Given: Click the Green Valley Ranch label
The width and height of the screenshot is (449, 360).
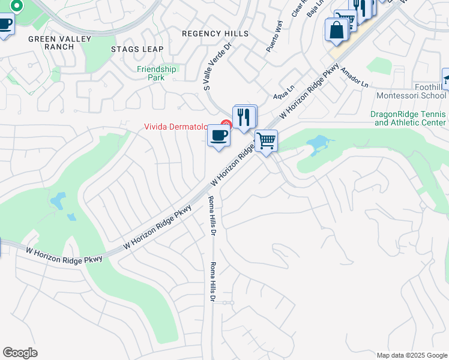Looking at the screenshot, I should [59, 43].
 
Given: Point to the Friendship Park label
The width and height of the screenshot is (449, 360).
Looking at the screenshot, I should [156, 73].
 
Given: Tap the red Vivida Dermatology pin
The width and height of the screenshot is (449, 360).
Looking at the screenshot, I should [226, 125].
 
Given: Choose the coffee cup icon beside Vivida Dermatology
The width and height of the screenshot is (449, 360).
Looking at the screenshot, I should [219, 136].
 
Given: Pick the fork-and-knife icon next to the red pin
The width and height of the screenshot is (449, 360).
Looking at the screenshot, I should [244, 116].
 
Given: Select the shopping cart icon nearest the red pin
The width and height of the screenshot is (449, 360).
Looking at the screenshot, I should [266, 141].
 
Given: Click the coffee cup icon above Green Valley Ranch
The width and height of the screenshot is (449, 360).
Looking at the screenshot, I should [5, 25].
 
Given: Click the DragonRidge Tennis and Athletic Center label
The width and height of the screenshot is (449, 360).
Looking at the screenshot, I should [408, 118].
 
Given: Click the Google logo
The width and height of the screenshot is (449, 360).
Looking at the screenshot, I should [20, 353].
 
